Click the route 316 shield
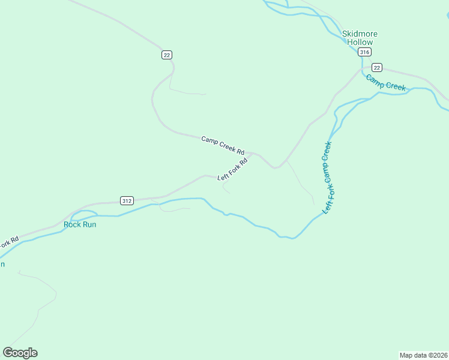[x=364, y=52]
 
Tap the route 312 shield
[x=126, y=200]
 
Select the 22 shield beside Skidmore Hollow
[x=376, y=67]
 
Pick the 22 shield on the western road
[x=167, y=55]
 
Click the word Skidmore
[x=360, y=34]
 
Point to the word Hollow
[x=360, y=43]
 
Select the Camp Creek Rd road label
[x=223, y=145]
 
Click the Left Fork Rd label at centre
[x=233, y=169]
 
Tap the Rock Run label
[x=80, y=224]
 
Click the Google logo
[x=20, y=353]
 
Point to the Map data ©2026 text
[x=423, y=355]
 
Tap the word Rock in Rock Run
[x=73, y=224]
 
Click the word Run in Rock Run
[x=89, y=224]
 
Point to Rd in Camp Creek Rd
[x=240, y=151]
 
